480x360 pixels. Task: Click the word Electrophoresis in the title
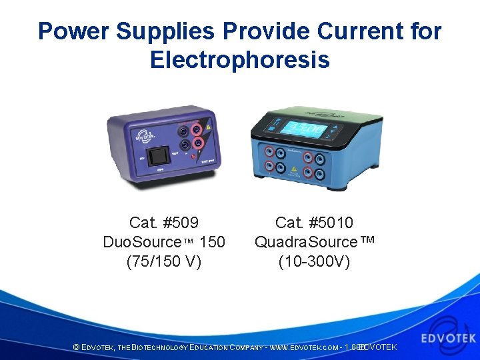239,60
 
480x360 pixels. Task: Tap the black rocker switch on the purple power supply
157,157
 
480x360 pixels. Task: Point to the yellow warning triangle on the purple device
209,126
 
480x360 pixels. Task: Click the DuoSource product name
142,241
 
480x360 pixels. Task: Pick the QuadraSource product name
306,241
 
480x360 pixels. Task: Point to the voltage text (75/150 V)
164,261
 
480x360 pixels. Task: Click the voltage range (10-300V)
314,261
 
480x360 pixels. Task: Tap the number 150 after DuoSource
212,241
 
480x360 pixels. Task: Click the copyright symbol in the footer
76,347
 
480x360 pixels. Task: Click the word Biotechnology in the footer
159,347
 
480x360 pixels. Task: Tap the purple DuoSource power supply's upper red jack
197,125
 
